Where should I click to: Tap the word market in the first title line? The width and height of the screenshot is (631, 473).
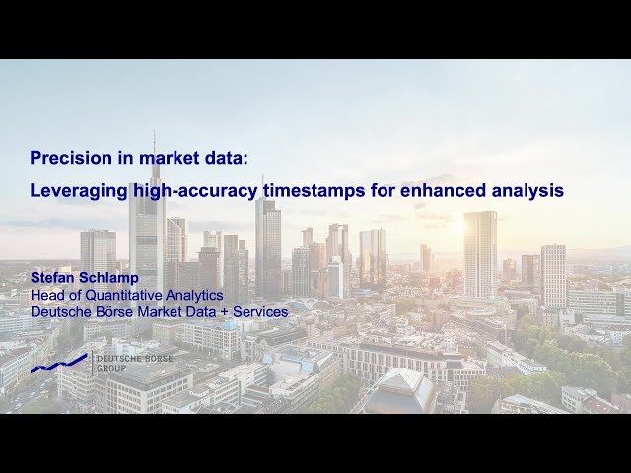coord(148,158)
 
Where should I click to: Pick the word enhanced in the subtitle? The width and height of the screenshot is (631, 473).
coord(439,191)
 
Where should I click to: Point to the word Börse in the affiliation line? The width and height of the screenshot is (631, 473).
coord(116,311)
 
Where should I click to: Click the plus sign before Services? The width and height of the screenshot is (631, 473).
coord(223,311)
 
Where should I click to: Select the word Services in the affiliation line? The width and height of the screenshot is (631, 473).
coord(259,311)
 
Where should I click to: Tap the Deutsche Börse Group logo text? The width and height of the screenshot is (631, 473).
coord(133,363)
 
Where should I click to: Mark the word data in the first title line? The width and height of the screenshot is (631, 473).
coord(197,158)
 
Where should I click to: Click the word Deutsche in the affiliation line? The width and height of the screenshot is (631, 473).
coord(61,311)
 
